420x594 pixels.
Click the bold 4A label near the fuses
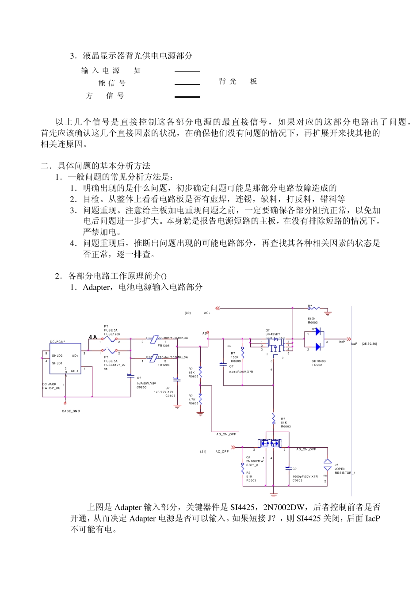[93, 337]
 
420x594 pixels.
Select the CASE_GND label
[71, 411]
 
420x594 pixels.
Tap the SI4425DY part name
[273, 334]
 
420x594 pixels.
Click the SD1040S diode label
[318, 361]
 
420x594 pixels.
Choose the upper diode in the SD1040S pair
[317, 331]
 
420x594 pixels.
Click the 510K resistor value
[312, 319]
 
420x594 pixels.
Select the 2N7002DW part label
[255, 461]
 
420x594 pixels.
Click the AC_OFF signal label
[222, 452]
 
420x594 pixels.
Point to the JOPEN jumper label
[340, 469]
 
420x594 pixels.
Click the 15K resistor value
[191, 373]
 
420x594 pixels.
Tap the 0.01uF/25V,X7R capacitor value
[241, 372]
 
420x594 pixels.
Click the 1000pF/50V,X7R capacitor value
[305, 476]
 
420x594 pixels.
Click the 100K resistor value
[234, 357]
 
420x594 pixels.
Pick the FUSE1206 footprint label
[112, 334]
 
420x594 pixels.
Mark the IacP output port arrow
[349, 339]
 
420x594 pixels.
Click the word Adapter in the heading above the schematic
[96, 287]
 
